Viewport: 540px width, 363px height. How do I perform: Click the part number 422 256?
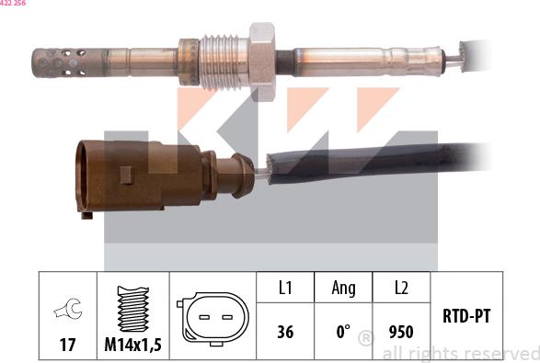13,4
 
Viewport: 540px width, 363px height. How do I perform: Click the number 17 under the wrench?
68,346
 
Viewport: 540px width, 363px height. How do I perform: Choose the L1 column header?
285,289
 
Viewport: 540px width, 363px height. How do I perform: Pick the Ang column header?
343,289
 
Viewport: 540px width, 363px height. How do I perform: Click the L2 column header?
401,289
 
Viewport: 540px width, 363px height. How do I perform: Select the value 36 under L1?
285,332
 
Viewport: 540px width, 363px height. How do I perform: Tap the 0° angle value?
343,332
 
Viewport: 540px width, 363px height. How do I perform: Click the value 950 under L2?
401,332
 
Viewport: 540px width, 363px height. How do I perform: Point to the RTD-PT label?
466,317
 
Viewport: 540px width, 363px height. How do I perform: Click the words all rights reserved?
460,354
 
